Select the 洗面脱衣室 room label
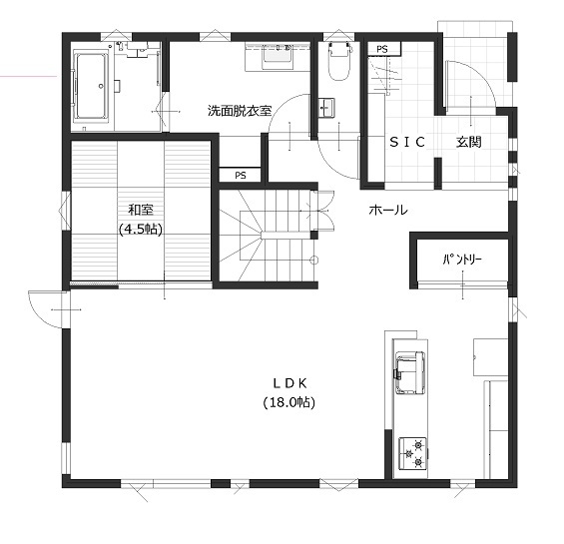tap(240, 110)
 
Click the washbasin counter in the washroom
tap(278, 56)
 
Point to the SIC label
tap(406, 143)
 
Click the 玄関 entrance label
tap(469, 143)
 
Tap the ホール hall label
tap(387, 210)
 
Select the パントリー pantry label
tap(462, 260)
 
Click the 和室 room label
tap(140, 210)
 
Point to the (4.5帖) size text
tap(140, 229)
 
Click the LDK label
tap(288, 383)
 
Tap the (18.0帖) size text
tap(288, 402)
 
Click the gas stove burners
tap(411, 452)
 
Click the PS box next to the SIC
tap(381, 49)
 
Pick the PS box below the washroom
tap(241, 175)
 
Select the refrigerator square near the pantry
tap(489, 352)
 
